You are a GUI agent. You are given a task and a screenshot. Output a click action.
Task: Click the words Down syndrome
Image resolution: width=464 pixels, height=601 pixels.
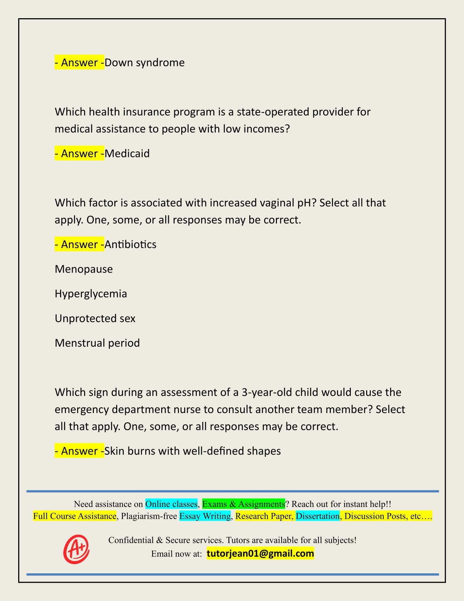pos(144,63)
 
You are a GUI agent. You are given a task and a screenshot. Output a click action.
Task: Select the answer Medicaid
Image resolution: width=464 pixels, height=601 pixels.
pos(127,153)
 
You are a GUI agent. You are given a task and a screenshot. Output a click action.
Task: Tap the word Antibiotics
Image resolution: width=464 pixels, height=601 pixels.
pos(130,244)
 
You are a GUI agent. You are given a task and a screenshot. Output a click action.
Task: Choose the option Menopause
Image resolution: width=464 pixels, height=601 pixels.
pos(84,269)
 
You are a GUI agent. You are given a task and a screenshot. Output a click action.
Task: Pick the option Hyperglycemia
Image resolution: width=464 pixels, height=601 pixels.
pos(91,294)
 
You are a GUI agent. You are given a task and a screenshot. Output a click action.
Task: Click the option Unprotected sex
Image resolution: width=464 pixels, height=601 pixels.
pos(95,318)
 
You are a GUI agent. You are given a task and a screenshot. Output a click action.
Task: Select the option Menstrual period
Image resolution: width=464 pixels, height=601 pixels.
pos(97,343)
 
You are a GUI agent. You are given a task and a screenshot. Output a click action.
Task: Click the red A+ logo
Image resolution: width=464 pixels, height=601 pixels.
pos(76,549)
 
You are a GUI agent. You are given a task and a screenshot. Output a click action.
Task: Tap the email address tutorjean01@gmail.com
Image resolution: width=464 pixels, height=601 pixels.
pos(260,554)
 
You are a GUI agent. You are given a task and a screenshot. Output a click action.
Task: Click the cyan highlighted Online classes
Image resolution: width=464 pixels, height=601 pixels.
pos(171,504)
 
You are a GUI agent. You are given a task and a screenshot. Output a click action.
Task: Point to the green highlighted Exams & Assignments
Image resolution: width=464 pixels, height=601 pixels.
pos(243,504)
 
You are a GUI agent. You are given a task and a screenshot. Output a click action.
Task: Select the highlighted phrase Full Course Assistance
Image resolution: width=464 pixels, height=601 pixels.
pos(75,516)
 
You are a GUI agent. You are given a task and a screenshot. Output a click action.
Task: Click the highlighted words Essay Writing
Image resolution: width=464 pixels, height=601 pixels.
pos(205,516)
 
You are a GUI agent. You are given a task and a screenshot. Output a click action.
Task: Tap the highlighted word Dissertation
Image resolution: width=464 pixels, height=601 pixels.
pos(317,516)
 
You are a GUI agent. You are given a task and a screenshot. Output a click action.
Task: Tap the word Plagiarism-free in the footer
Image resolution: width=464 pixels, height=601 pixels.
pos(149,516)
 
